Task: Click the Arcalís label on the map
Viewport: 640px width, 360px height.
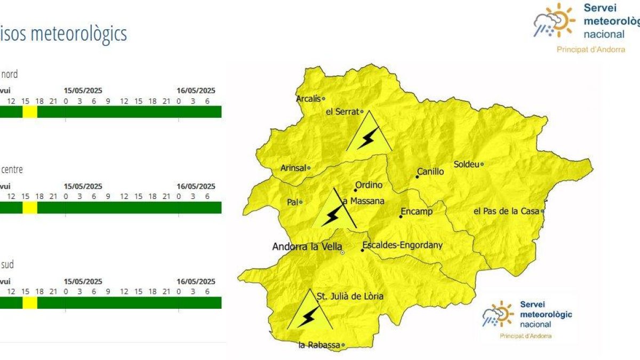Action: (x=309, y=98)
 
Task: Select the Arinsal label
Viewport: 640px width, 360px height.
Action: (x=293, y=168)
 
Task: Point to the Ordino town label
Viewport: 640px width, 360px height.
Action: (x=369, y=185)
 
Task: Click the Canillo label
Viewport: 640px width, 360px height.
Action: (x=430, y=172)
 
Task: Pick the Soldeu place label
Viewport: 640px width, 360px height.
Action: (x=466, y=164)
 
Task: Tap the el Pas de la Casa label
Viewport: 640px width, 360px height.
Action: (x=507, y=211)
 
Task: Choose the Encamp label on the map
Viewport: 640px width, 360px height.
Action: (x=417, y=212)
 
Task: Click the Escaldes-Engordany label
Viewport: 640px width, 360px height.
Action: (x=402, y=246)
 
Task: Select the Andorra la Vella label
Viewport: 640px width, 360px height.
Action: (x=307, y=247)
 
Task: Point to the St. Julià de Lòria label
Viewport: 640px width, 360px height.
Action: (x=350, y=297)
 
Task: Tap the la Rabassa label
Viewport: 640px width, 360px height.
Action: (x=319, y=345)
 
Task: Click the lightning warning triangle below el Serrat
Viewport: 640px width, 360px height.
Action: (x=368, y=135)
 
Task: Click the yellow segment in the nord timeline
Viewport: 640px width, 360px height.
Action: (x=30, y=111)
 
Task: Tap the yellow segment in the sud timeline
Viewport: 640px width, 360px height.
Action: (x=30, y=302)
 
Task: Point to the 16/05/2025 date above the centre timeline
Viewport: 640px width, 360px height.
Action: (x=196, y=187)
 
